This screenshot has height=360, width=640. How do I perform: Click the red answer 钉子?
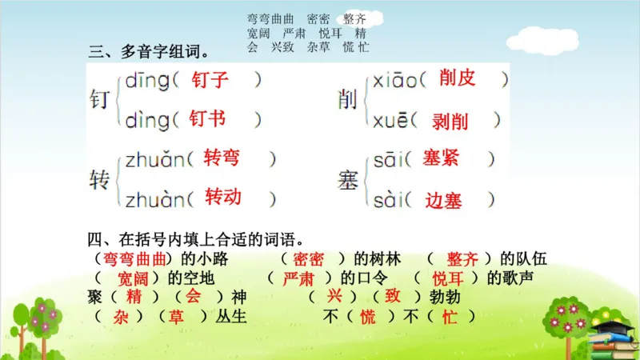point(210,80)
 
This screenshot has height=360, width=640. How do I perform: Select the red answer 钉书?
point(208,119)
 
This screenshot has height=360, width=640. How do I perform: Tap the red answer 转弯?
point(222,158)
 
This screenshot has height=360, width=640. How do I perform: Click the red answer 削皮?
point(457,78)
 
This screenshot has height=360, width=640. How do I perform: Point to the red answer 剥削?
point(450,121)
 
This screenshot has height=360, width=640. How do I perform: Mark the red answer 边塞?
point(444,200)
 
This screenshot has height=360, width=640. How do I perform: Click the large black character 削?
point(347,101)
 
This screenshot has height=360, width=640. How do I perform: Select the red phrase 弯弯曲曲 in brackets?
point(134,258)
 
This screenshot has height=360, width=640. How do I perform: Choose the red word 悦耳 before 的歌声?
point(448,278)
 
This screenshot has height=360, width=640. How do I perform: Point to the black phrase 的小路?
point(205,258)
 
